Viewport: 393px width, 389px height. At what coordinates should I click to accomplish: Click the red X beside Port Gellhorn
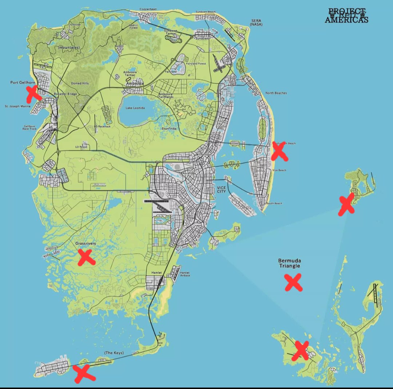(34, 93)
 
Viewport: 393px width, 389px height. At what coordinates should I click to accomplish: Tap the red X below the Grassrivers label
(86, 257)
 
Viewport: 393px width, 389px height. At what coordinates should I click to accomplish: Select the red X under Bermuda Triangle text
(293, 282)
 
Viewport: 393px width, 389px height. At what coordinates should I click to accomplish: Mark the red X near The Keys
(84, 373)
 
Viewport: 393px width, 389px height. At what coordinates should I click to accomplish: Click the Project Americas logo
(346, 16)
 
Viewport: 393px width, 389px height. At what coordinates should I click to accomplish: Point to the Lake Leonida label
(135, 108)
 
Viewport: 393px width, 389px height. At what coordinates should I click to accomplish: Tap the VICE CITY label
(221, 189)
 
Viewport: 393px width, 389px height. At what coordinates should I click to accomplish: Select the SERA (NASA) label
(257, 23)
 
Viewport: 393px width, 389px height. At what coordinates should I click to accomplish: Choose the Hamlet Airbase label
(185, 274)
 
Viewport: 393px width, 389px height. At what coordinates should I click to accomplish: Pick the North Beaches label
(276, 93)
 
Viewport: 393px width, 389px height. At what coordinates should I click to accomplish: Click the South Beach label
(274, 203)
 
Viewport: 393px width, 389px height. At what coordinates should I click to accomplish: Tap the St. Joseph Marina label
(17, 107)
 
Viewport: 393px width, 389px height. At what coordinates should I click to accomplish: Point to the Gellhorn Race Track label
(30, 128)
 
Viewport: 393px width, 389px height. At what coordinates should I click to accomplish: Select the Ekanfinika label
(169, 129)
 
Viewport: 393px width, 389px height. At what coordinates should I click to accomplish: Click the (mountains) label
(69, 47)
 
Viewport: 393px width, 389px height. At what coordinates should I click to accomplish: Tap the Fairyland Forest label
(196, 64)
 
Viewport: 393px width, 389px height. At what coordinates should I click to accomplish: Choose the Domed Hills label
(80, 83)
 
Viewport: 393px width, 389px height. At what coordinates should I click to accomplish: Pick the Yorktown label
(75, 24)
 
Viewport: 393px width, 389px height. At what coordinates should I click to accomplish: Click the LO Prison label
(81, 147)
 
